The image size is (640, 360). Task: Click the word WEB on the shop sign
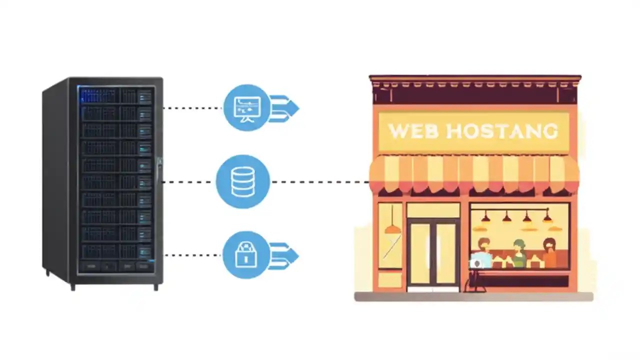pyautogui.click(x=413, y=131)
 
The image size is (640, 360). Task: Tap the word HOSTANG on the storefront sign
pyautogui.click(x=501, y=131)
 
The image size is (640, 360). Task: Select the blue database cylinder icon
pyautogui.click(x=243, y=181)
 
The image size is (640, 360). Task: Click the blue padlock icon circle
pyautogui.click(x=245, y=255)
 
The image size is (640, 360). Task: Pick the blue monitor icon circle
pyautogui.click(x=246, y=108)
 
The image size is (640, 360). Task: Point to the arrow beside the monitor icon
pyautogui.click(x=284, y=108)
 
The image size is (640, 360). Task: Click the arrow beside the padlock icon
pyautogui.click(x=284, y=255)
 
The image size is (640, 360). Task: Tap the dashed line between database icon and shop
pyautogui.click(x=320, y=182)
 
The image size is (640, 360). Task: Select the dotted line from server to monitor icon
pyautogui.click(x=193, y=108)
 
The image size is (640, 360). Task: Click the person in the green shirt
pyautogui.click(x=519, y=254)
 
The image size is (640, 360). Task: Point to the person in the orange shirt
pyautogui.click(x=549, y=253)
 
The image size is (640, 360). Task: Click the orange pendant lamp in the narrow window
pyautogui.click(x=392, y=228)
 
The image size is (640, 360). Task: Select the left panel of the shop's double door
pyautogui.click(x=420, y=253)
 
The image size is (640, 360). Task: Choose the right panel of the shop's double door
pyautogui.click(x=446, y=253)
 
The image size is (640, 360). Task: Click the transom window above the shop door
pyautogui.click(x=433, y=210)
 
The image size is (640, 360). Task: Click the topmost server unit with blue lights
pyautogui.click(x=115, y=95)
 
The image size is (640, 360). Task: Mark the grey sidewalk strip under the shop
pyautogui.click(x=473, y=296)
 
